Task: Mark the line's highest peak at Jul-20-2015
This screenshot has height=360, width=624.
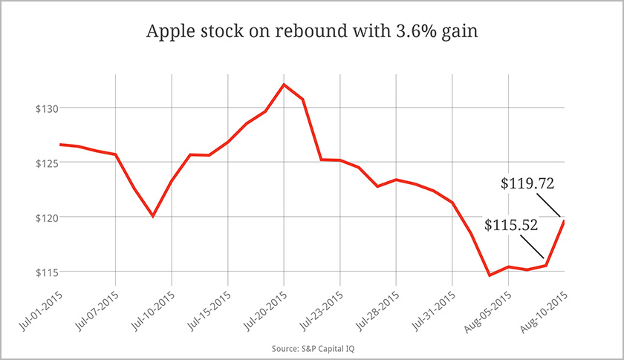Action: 283,84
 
